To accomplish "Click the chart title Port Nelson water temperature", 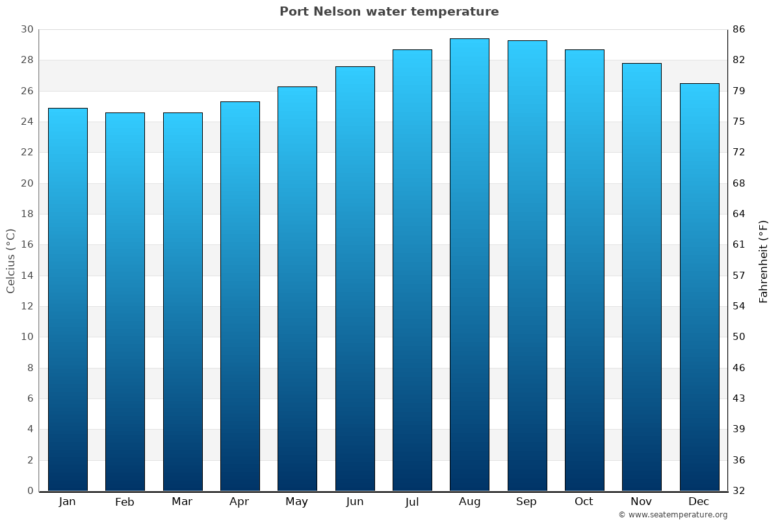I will point(389,12).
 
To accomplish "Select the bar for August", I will point(469,265).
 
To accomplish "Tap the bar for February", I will point(125,302).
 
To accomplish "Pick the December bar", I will point(699,287).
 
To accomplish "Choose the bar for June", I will point(355,278).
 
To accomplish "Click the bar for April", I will point(240,296).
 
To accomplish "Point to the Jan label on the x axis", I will point(67,502).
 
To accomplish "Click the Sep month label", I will point(526,502).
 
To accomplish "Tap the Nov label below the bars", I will point(642,502).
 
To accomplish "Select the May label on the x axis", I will point(297,502).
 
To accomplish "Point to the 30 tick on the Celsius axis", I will point(27,29).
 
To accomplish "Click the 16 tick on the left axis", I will point(27,244).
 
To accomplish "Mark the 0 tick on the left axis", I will point(30,491).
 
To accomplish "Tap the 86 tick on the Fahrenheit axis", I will point(738,29).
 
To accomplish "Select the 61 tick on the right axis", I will point(738,244).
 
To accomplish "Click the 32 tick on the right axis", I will point(738,491).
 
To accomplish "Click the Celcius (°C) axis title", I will point(10,260).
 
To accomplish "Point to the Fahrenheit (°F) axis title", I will point(764,261).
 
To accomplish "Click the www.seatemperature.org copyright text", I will point(673,515).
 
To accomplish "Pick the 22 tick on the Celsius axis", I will point(27,152).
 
